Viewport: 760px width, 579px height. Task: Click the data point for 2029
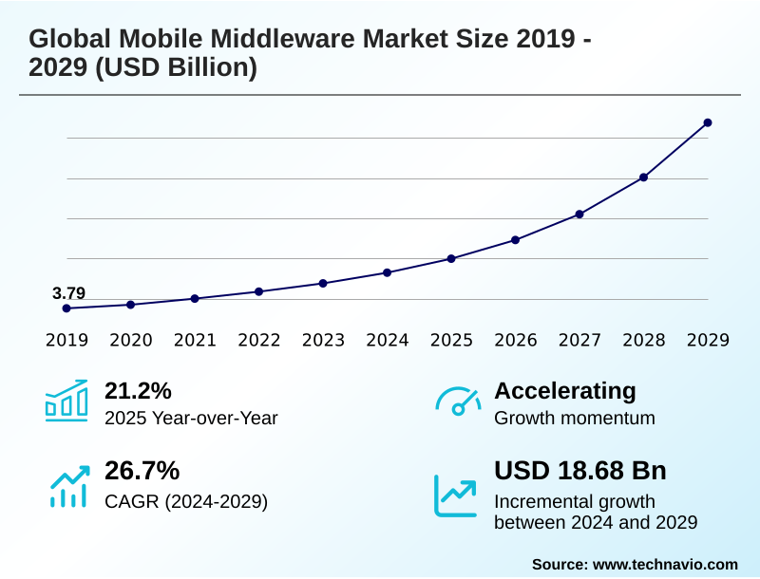click(x=708, y=122)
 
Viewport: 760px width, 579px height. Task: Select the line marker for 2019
click(x=66, y=308)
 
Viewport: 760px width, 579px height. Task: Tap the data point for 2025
click(x=451, y=258)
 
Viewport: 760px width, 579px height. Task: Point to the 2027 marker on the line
click(x=579, y=214)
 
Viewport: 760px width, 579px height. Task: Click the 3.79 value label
click(x=68, y=293)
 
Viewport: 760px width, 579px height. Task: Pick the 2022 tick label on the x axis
click(x=258, y=340)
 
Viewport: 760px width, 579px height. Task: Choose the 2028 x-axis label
click(x=643, y=340)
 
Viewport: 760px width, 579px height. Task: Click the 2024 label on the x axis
click(x=387, y=340)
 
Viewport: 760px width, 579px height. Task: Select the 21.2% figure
click(x=138, y=390)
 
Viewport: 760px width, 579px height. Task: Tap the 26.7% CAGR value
click(x=142, y=470)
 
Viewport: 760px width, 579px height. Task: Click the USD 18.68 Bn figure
click(x=580, y=470)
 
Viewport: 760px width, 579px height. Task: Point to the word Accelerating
click(x=565, y=390)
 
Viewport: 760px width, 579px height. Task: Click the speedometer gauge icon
click(x=457, y=401)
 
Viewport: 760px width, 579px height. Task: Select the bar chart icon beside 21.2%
click(x=66, y=401)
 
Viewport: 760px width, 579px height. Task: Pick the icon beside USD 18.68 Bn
click(x=456, y=495)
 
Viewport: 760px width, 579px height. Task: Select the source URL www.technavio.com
click(x=665, y=564)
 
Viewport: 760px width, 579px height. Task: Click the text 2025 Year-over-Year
click(x=191, y=418)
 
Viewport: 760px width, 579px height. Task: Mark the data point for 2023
click(x=323, y=283)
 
